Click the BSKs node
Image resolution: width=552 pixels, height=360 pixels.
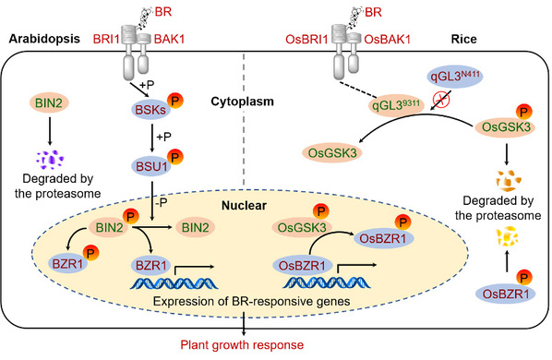pyautogui.click(x=150, y=110)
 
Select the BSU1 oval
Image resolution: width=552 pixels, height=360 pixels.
pyautogui.click(x=151, y=166)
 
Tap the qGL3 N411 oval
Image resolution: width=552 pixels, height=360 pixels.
pyautogui.click(x=454, y=77)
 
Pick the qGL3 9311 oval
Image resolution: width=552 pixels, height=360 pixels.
pyautogui.click(x=396, y=105)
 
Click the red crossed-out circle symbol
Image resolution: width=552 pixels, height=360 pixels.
pyautogui.click(x=441, y=100)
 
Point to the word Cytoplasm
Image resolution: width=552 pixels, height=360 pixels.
pyautogui.click(x=242, y=102)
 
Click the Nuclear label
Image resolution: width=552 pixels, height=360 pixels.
pyautogui.click(x=244, y=205)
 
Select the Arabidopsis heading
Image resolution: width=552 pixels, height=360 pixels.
pyautogui.click(x=44, y=39)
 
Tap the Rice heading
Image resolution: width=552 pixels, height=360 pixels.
pyautogui.click(x=463, y=39)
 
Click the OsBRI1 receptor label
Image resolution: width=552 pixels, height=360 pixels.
pyautogui.click(x=306, y=39)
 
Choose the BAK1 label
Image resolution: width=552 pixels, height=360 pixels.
pyautogui.click(x=169, y=39)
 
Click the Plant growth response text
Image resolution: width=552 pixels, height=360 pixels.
pyautogui.click(x=242, y=344)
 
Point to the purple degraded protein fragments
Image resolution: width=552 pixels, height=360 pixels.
pyautogui.click(x=50, y=160)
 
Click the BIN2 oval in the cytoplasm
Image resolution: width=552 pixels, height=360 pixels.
pyautogui.click(x=49, y=102)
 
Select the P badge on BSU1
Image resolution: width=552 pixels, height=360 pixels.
pyautogui.click(x=175, y=157)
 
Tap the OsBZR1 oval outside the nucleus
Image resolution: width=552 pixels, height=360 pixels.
pyautogui.click(x=506, y=294)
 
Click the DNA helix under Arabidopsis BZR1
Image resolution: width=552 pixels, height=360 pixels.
pyautogui.click(x=174, y=283)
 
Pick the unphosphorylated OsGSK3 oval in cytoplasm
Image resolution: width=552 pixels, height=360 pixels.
pyautogui.click(x=332, y=152)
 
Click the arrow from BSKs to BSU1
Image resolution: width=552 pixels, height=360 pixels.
pyautogui.click(x=152, y=138)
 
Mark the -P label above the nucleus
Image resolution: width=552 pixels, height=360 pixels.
pyautogui.click(x=161, y=203)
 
